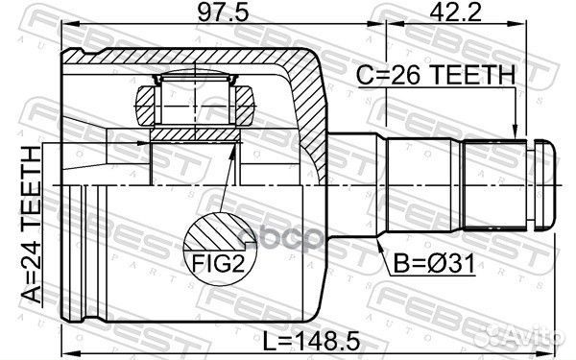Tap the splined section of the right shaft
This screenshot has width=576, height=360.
[x=493, y=184]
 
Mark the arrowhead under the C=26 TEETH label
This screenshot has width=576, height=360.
[x=516, y=135]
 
